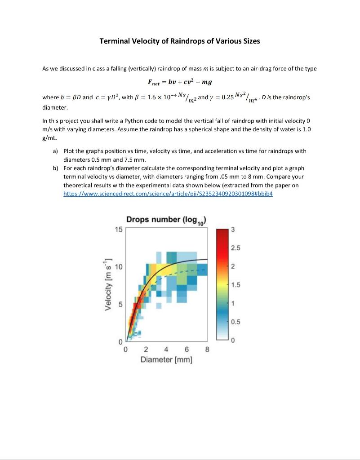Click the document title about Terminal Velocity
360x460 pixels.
point(179,41)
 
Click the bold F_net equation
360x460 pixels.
point(180,82)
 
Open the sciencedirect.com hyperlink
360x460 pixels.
point(168,194)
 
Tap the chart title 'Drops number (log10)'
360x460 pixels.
point(166,220)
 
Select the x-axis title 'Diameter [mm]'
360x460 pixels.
point(166,359)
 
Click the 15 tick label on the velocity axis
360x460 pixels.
point(118,229)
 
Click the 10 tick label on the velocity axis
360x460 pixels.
point(118,267)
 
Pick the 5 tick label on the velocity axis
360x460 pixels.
point(120,305)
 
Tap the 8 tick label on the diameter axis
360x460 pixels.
point(207,350)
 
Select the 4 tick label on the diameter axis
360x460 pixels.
point(166,350)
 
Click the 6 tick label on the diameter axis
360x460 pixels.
point(187,350)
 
